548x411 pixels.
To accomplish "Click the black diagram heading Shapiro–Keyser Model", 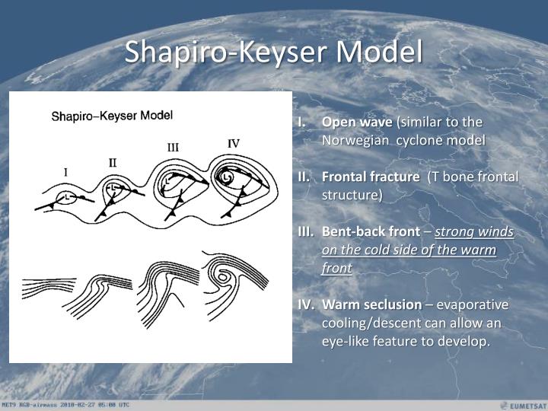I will point(112,116).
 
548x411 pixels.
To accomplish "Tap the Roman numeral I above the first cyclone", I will point(65,172).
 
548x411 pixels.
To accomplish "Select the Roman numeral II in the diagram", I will point(113,162).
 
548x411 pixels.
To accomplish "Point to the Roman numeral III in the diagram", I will point(173,147).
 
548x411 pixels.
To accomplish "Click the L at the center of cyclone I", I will point(68,197).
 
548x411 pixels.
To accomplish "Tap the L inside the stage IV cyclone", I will point(226,177).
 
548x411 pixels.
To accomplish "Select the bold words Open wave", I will point(357,123).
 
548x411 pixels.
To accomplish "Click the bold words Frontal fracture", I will point(371,177).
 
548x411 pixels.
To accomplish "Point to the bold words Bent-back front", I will point(371,231).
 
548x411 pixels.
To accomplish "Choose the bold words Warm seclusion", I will point(371,304).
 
